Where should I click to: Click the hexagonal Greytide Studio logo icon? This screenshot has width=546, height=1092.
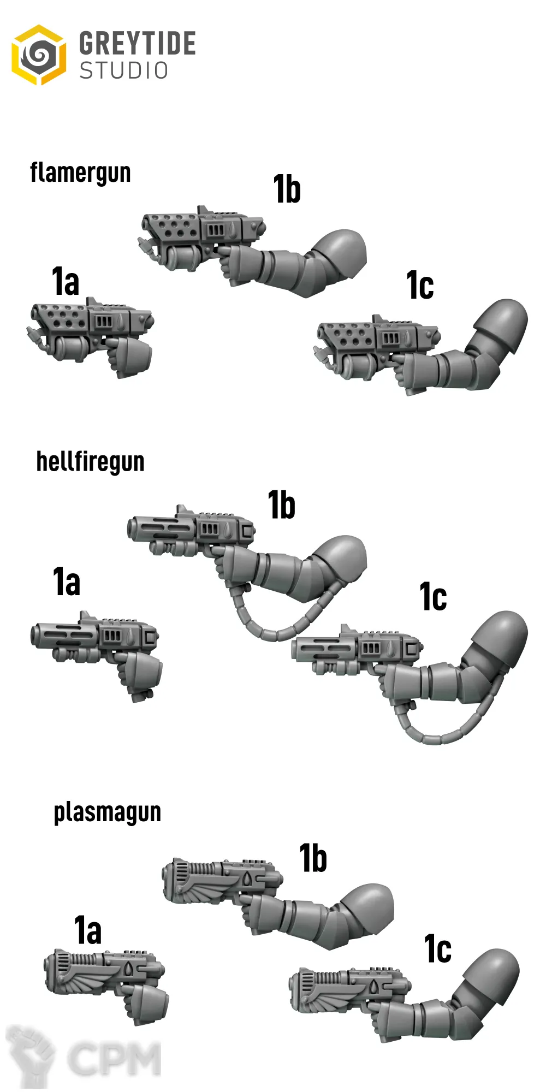(x=39, y=55)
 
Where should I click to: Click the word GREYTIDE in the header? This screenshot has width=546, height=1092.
(x=138, y=44)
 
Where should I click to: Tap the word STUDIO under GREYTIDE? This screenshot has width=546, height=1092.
(x=124, y=71)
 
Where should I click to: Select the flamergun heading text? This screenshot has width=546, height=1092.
(x=80, y=173)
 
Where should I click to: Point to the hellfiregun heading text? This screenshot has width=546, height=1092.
(x=90, y=462)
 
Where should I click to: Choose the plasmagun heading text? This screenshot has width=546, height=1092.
(x=108, y=812)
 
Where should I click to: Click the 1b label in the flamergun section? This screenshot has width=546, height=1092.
(x=287, y=189)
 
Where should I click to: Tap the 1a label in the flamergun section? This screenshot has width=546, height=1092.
(x=66, y=282)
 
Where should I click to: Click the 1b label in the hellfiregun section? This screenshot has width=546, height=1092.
(x=282, y=505)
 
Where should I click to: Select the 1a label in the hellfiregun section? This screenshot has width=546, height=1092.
(x=67, y=581)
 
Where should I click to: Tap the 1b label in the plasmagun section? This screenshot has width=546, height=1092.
(x=313, y=858)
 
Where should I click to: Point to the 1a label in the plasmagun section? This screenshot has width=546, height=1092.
(x=88, y=930)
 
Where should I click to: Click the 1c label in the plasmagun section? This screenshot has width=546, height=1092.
(x=438, y=949)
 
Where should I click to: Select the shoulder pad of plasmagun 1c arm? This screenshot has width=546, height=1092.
(x=490, y=977)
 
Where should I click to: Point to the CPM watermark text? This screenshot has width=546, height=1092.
(x=115, y=1058)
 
